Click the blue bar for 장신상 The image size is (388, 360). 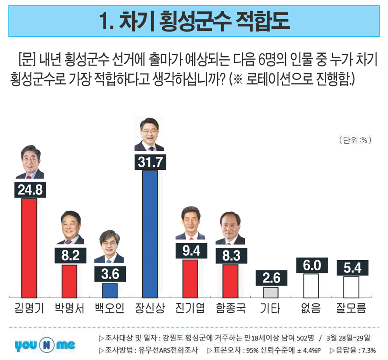pos(150,233)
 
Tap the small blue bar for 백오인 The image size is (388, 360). pos(110,290)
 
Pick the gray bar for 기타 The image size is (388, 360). pos(270,292)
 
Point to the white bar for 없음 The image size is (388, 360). pos(311,285)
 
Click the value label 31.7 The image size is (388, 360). pos(150,162)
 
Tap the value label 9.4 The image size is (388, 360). pos(190,251)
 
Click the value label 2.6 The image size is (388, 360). pos(271,278)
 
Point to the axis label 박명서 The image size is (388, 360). pos(69,309)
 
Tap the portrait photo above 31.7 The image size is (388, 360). pos(149,134)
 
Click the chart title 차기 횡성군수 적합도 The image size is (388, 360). pos(194,21)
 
